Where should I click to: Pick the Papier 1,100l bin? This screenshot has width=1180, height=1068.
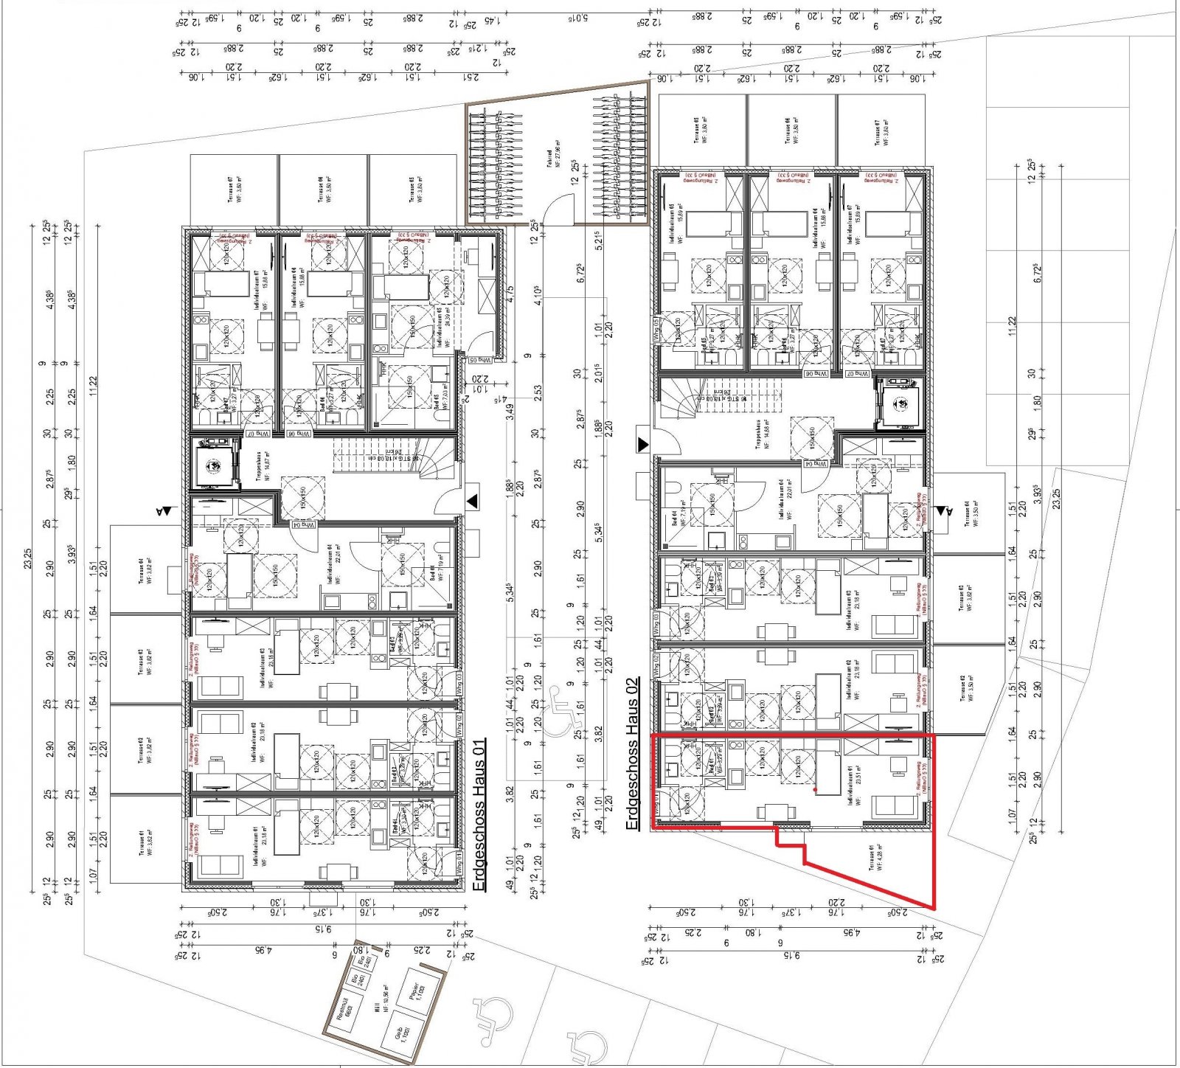416,991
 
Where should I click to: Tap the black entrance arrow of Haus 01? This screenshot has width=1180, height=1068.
472,502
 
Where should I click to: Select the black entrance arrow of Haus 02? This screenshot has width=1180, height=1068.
642,445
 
